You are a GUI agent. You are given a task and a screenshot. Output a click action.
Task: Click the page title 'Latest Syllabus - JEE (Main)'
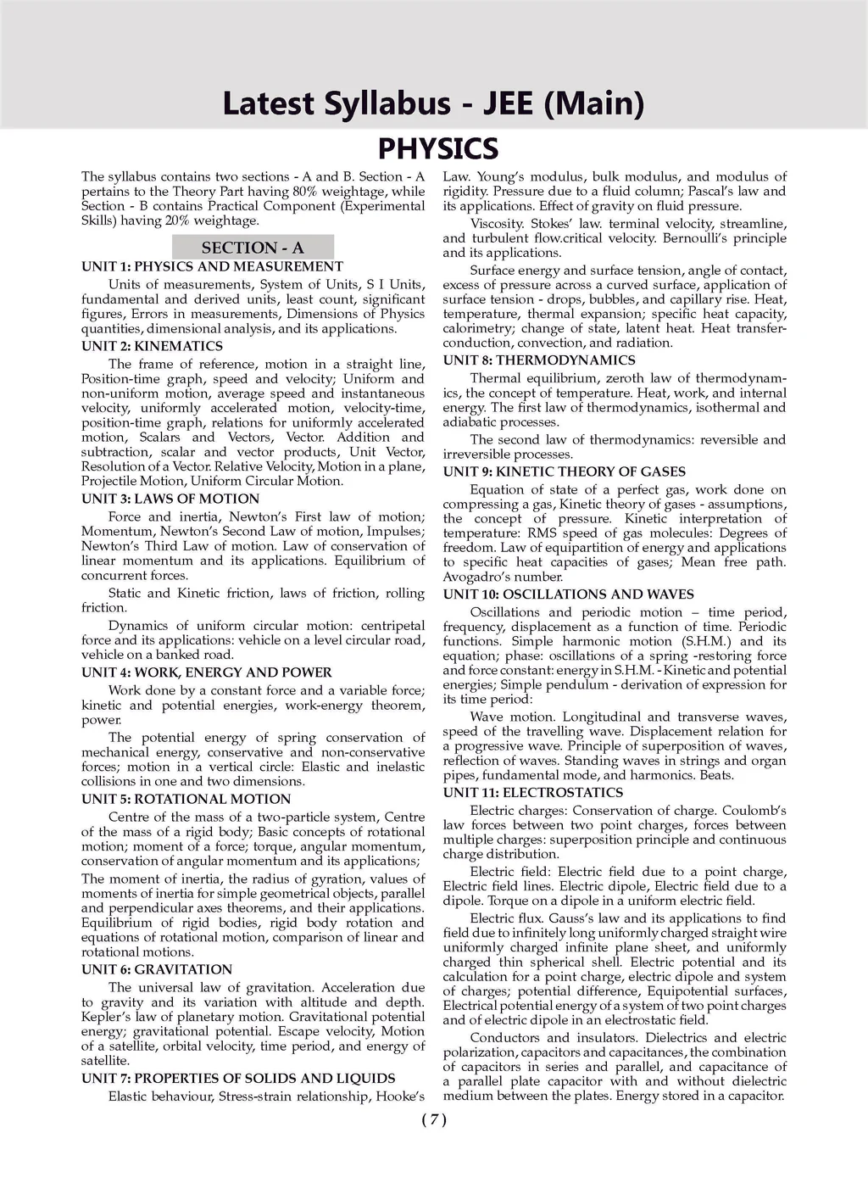click(x=433, y=103)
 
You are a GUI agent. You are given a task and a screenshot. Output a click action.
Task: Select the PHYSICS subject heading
click(x=437, y=148)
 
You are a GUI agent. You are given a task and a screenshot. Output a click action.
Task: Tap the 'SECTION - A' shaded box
click(x=253, y=248)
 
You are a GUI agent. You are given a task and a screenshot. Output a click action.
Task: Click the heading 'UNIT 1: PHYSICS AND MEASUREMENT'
click(x=212, y=266)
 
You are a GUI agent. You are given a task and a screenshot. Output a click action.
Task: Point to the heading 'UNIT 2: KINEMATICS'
click(x=152, y=346)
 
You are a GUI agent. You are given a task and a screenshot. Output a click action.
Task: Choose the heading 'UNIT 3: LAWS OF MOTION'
click(x=170, y=499)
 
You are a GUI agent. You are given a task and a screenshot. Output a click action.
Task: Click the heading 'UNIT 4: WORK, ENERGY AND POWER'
click(x=207, y=672)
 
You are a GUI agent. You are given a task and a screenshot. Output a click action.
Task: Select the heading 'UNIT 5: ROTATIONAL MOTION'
click(x=186, y=799)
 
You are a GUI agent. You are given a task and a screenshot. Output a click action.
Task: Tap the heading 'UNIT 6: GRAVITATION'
click(x=157, y=969)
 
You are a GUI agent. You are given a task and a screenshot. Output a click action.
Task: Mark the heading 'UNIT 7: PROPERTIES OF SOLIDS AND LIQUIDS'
click(x=238, y=1079)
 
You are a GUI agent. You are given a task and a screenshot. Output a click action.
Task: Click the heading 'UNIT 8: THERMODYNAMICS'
click(x=539, y=360)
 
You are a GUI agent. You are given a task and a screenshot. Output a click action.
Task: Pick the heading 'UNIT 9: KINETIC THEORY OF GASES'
click(x=565, y=471)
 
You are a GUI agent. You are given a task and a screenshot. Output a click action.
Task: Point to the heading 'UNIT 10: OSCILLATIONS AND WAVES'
click(x=568, y=594)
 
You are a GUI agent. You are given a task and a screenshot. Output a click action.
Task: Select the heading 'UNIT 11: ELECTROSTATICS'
click(x=532, y=793)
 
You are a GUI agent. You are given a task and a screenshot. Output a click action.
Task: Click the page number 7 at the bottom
click(x=433, y=1119)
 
